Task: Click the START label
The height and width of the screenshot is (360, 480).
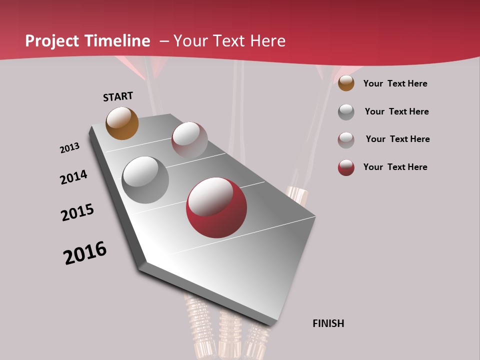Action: pos(118,96)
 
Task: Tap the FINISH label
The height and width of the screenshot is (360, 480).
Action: pos(328,323)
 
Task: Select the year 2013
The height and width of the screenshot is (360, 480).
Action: pos(69,148)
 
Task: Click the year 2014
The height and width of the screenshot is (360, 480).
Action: pos(73,177)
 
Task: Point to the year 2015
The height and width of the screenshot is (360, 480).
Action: pos(77,212)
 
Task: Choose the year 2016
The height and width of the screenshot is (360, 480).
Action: pos(85,253)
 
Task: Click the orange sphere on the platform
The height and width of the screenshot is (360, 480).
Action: pos(122,123)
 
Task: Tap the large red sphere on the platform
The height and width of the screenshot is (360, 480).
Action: pos(216,207)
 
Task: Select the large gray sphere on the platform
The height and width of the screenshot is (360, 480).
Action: pos(145,180)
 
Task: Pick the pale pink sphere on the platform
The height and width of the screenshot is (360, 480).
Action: pos(189,139)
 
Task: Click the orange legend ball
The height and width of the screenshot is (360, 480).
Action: pos(346,83)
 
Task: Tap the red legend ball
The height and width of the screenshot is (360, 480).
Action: pos(346,167)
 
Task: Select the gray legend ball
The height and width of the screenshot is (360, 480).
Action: pos(346,112)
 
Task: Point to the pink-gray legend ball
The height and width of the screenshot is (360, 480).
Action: pos(346,140)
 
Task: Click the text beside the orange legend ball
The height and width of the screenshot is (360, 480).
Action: pos(395,83)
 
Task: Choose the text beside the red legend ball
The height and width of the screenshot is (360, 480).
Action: pos(395,167)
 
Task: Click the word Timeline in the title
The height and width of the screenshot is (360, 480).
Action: pos(117,41)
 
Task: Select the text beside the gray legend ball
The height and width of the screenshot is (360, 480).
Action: pos(396,111)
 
